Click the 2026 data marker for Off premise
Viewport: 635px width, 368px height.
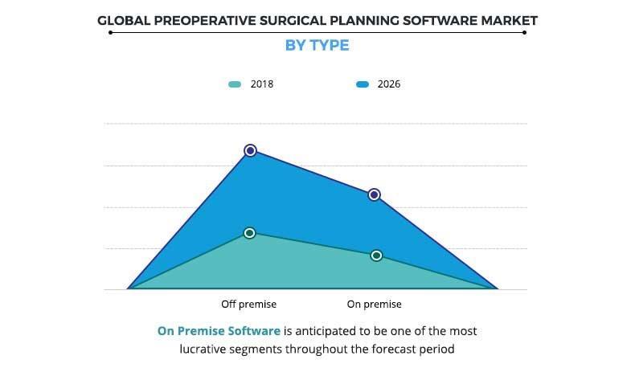click(x=250, y=150)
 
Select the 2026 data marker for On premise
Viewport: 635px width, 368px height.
click(x=374, y=194)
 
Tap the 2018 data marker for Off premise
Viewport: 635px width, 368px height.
click(x=249, y=232)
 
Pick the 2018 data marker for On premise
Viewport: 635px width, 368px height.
click(x=375, y=256)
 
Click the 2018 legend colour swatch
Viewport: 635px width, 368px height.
click(x=234, y=84)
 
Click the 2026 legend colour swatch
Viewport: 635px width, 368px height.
click(x=362, y=84)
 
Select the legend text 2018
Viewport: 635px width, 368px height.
click(x=262, y=84)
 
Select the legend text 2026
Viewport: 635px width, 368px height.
click(x=388, y=84)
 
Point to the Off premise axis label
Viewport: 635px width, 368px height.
click(x=248, y=305)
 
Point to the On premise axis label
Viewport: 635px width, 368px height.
click(x=374, y=305)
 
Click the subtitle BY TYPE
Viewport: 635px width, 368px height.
click(x=317, y=45)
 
